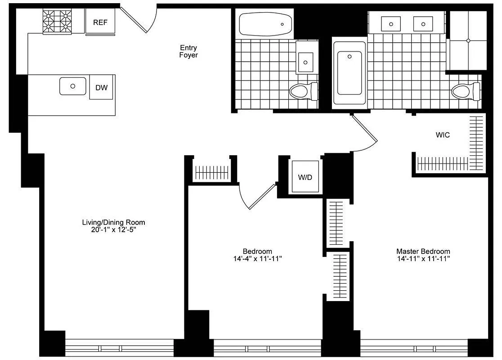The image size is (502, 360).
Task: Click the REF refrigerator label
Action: click(x=100, y=22)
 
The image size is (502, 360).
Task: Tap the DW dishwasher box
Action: click(x=101, y=87)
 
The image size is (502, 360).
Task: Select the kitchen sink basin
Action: click(x=72, y=86)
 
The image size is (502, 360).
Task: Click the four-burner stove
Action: click(x=58, y=22)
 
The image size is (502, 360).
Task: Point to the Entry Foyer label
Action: click(x=188, y=51)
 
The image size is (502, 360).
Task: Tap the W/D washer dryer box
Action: click(x=305, y=177)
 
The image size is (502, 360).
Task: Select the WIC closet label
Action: click(x=443, y=135)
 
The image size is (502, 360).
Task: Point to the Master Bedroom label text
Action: click(x=423, y=251)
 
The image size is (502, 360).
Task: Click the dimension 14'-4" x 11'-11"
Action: click(x=257, y=259)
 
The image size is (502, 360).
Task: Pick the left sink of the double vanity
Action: click(x=391, y=23)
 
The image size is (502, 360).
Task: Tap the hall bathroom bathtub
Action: click(x=264, y=24)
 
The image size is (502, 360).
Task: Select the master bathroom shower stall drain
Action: click(x=468, y=40)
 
